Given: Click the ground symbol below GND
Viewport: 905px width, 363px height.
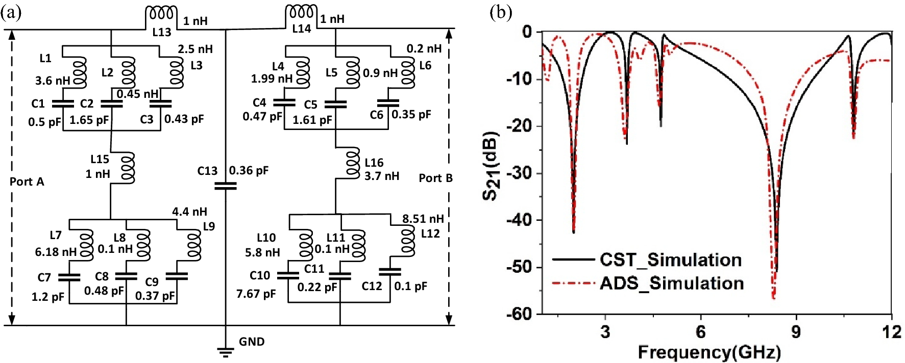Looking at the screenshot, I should (225, 352).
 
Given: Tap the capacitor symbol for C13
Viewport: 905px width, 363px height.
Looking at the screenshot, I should (226, 186).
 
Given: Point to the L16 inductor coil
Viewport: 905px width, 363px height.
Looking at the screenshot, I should (353, 163).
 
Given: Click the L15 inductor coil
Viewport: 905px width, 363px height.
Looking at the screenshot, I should (128, 167).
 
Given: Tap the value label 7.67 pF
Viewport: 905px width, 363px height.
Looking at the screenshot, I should (256, 294).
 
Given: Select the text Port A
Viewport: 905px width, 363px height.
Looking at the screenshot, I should (27, 181).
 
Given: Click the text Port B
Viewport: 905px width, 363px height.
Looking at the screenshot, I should (435, 178).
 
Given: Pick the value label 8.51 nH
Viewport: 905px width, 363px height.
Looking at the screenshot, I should (423, 219).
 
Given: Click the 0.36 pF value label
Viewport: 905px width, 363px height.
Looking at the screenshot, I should (249, 170).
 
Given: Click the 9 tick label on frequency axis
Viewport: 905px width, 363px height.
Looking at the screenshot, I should (796, 332).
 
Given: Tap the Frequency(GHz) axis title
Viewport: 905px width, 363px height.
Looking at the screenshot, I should (709, 352).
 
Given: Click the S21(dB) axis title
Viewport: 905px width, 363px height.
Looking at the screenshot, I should (492, 166).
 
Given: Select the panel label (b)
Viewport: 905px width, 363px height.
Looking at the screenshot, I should (500, 12).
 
